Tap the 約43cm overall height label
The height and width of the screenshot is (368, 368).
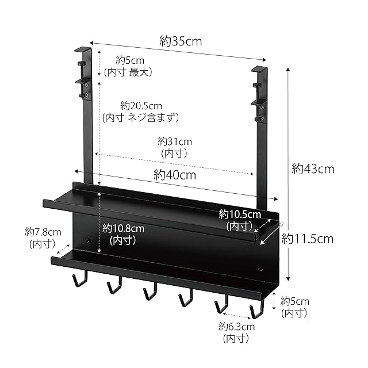(x=313, y=168)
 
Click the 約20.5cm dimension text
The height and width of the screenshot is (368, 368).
(x=141, y=106)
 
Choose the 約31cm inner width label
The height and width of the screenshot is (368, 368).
(x=175, y=141)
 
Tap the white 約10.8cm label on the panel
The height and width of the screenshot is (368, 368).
(x=124, y=228)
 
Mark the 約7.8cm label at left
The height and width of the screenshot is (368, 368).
(x=43, y=232)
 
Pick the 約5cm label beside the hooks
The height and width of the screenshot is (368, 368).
(x=294, y=301)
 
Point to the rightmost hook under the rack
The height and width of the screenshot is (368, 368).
(x=256, y=311)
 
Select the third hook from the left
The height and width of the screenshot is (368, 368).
(x=149, y=293)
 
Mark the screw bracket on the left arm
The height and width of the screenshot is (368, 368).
(x=85, y=87)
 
